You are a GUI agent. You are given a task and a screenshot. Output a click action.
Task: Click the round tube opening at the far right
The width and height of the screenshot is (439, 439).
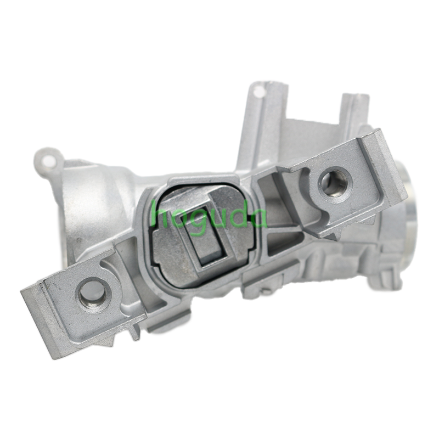pos(413,198)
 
